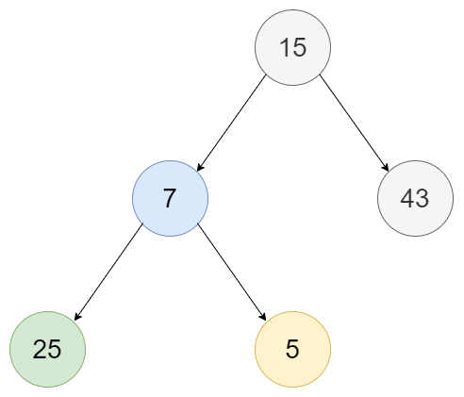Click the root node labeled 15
[292, 47]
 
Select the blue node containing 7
[170, 198]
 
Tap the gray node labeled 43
[415, 198]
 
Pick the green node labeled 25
[47, 349]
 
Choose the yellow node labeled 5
[292, 349]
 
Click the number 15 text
[292, 47]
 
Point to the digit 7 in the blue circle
[170, 198]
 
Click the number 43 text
[415, 198]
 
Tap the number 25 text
[47, 349]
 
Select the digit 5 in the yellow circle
[292, 349]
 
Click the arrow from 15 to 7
[231, 123]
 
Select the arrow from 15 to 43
[355, 123]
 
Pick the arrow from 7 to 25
[108, 272]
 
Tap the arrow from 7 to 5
[232, 272]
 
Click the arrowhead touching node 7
[200, 167]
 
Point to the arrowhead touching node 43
[386, 167]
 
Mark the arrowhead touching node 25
[77, 317]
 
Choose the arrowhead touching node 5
[263, 317]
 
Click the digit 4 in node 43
[407, 198]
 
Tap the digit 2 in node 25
[40, 349]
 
